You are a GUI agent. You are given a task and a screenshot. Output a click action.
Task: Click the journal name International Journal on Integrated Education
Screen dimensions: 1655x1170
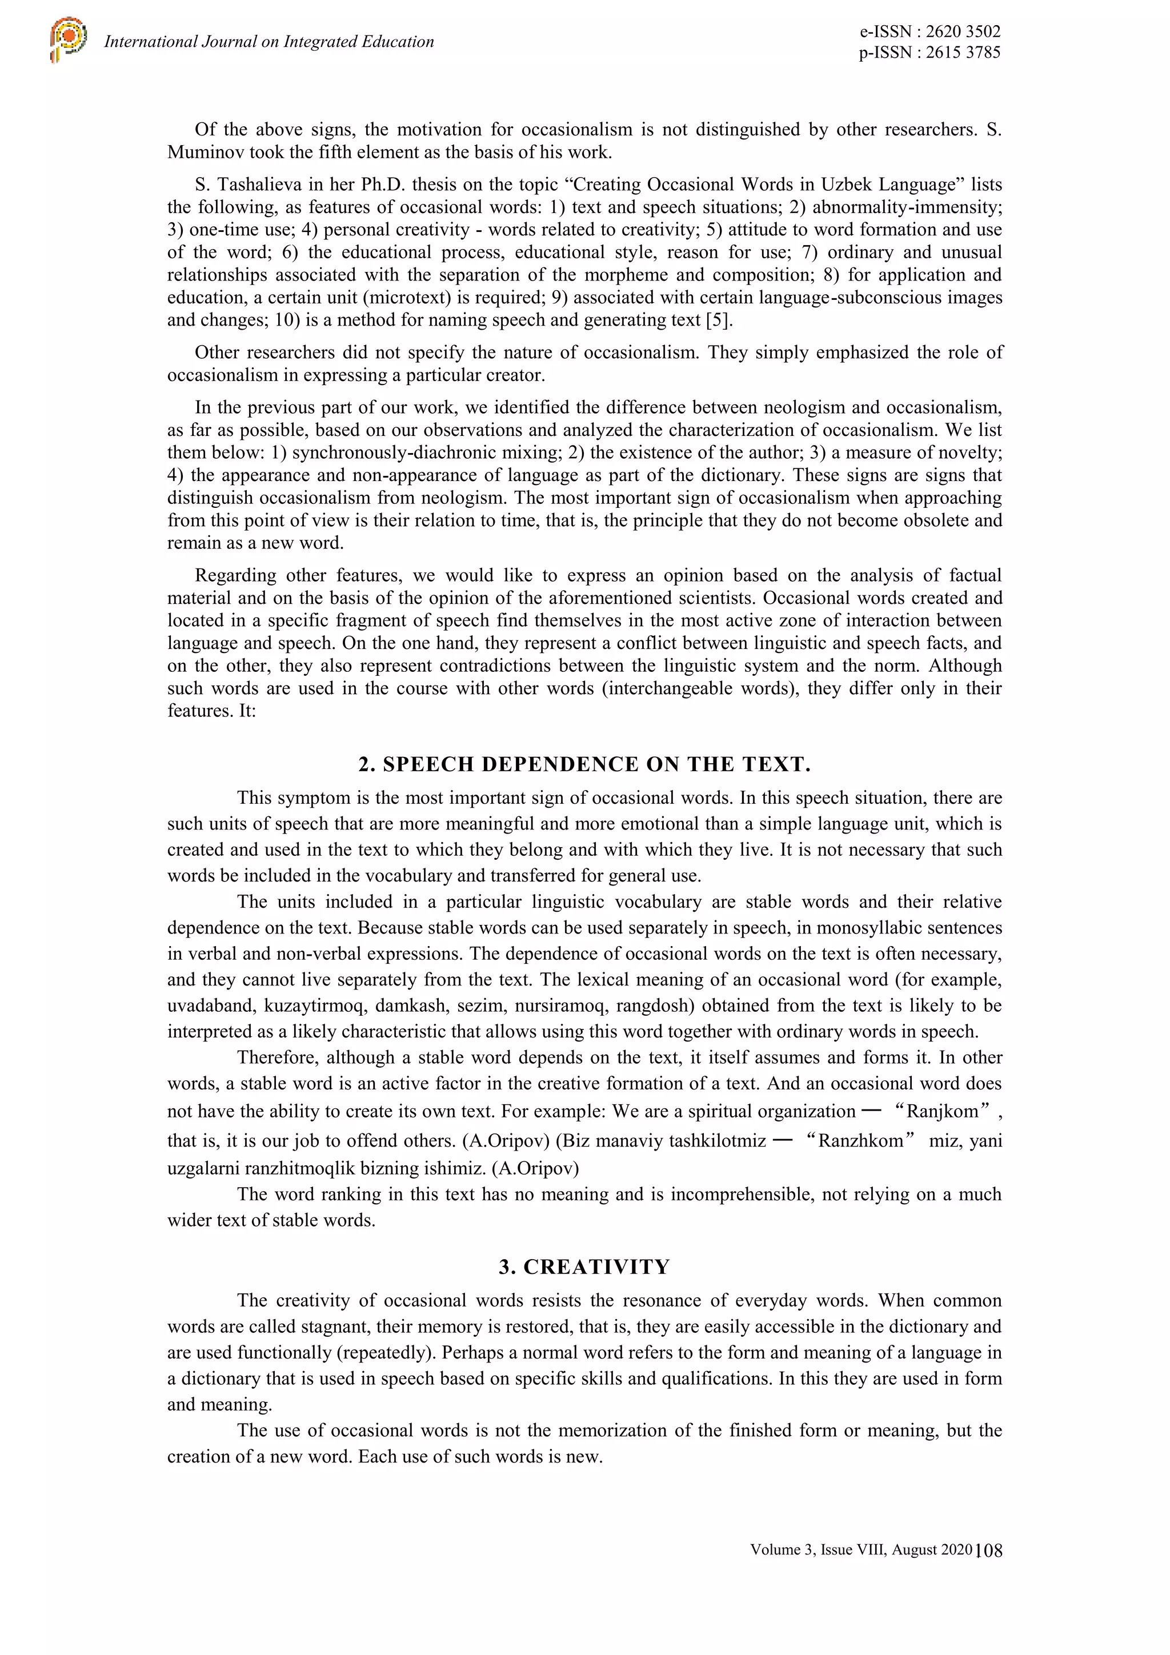click(269, 42)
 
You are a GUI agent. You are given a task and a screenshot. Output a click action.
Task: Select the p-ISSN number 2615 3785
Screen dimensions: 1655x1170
click(963, 52)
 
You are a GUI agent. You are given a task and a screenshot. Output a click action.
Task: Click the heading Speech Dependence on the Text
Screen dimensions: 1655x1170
click(584, 765)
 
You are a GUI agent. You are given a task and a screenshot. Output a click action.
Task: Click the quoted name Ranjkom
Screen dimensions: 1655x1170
click(941, 1111)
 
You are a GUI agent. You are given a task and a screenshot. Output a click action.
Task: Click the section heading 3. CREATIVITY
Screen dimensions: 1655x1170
click(584, 1267)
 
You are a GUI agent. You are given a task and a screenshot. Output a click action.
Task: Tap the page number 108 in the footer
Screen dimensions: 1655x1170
click(989, 1550)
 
